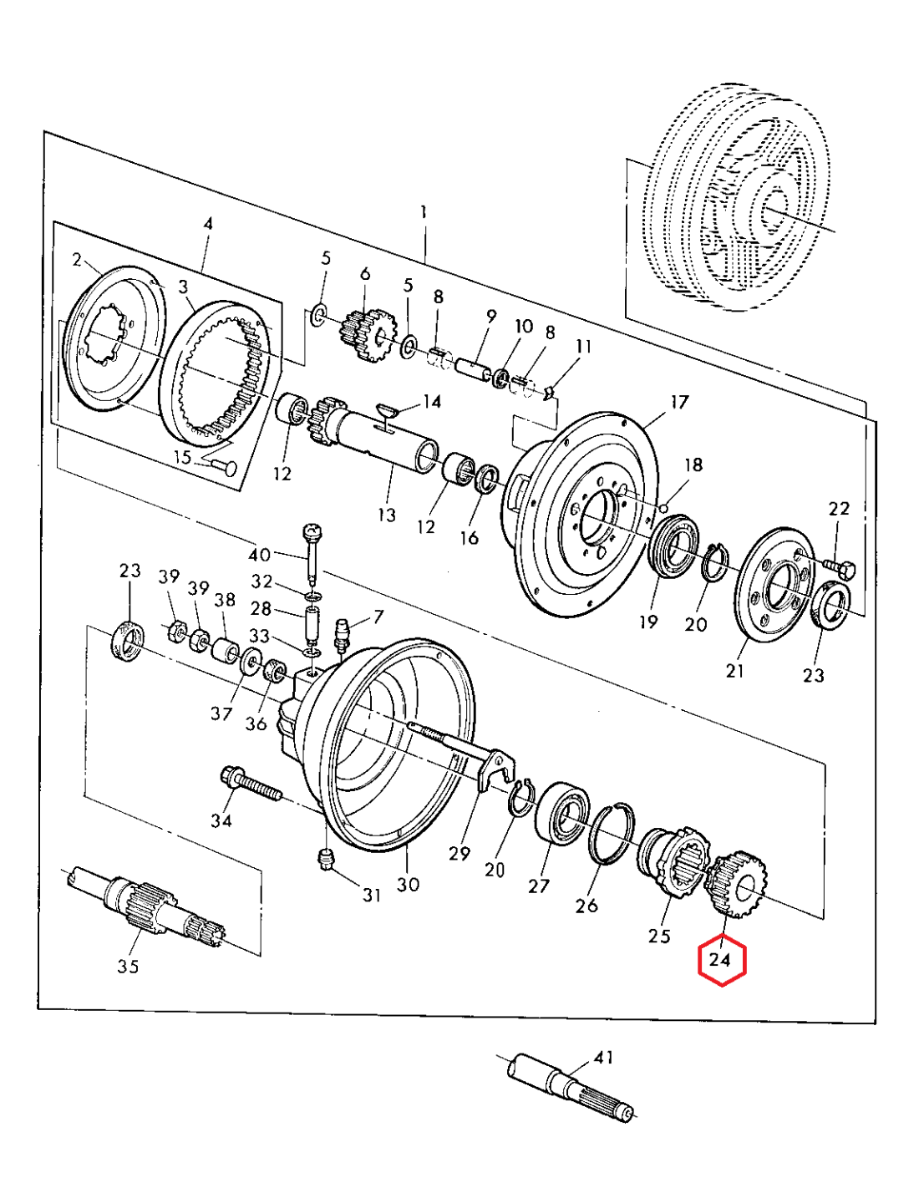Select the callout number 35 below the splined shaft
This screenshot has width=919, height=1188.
click(128, 967)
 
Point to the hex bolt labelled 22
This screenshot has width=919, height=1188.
click(839, 571)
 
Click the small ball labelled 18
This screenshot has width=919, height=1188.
click(663, 508)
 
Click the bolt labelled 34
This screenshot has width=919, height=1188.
click(251, 785)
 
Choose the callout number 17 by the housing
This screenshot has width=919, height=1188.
click(679, 403)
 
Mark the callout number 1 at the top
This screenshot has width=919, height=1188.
click(424, 212)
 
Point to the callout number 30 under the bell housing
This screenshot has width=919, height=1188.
click(408, 885)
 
